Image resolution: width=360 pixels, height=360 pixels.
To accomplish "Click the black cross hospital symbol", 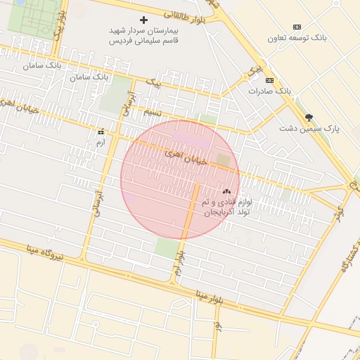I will click(x=144, y=20).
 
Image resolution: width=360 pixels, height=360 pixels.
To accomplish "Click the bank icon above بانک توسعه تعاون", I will click(x=296, y=26).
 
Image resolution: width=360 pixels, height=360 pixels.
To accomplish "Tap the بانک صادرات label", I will click(x=269, y=91).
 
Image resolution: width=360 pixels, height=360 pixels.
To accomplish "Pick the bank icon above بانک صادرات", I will click(x=269, y=80).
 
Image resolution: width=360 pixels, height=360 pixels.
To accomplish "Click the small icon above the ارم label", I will click(x=101, y=131).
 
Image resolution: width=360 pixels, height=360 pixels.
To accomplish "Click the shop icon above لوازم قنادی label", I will click(x=226, y=191).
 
